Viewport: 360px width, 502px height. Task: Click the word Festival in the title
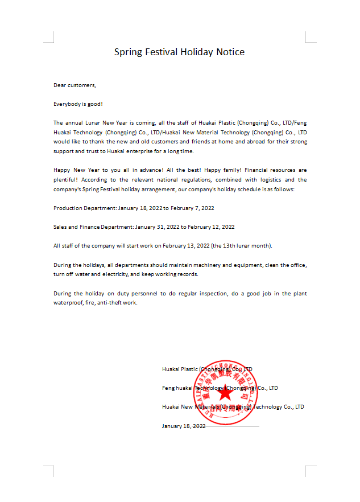pos(162,52)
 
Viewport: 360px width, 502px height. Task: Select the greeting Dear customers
pos(75,85)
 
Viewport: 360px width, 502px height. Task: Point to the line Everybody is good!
pos(78,104)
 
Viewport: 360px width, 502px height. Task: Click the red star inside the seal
pos(225,392)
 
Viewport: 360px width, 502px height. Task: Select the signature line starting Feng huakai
pos(220,388)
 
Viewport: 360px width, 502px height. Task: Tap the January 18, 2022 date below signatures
pos(184,426)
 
